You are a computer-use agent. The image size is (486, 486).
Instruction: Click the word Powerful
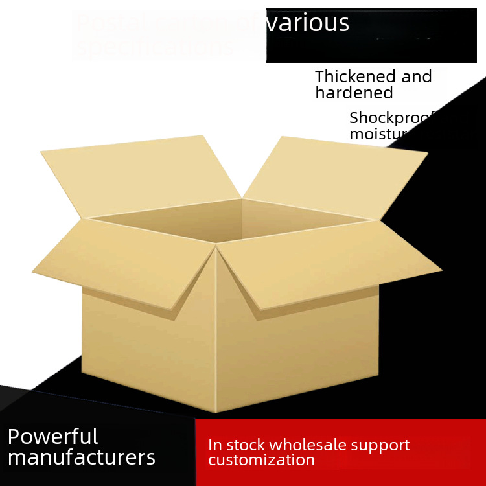tap(52, 437)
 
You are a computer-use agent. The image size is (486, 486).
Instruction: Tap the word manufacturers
tap(82, 457)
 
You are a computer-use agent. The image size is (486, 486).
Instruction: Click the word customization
tap(261, 460)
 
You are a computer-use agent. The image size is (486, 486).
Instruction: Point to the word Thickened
tap(355, 76)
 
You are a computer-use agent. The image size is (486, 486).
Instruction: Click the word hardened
tap(354, 93)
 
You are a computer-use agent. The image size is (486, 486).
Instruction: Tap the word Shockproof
tap(391, 118)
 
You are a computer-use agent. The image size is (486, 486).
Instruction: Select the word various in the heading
tap(307, 23)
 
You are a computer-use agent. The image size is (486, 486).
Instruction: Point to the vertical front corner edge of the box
tap(215, 337)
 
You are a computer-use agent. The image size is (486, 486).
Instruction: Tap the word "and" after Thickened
tap(417, 76)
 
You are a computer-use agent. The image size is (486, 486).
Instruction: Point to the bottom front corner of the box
tap(215, 411)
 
